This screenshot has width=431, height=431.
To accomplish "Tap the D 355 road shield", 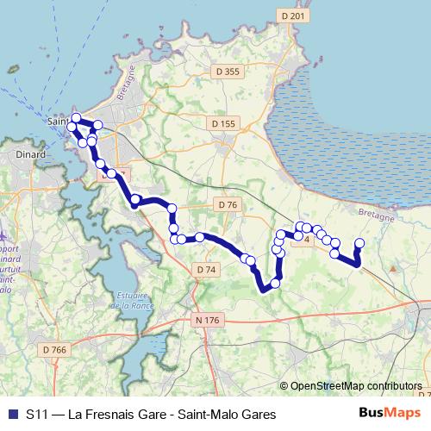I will click(x=226, y=72).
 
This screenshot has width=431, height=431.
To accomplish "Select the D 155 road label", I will click(x=222, y=124).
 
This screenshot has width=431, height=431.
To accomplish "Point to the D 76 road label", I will click(x=227, y=204).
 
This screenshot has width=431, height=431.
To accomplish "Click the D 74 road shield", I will click(x=205, y=270).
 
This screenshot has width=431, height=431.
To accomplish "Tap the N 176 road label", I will click(x=208, y=320).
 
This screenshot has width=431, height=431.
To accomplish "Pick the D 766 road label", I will click(x=53, y=349).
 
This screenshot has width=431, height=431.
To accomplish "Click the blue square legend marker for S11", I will click(x=11, y=415).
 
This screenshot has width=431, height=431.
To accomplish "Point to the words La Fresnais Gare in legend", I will click(x=110, y=415).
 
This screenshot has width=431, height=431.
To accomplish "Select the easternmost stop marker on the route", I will click(x=359, y=244).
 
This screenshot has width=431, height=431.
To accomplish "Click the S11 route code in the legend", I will click(x=37, y=415).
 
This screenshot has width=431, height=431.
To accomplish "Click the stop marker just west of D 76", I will click(x=172, y=208).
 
